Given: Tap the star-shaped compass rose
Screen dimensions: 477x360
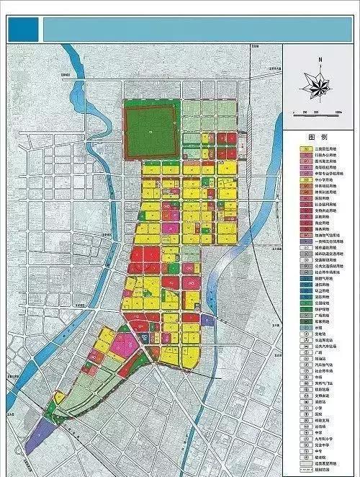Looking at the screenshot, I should click(318, 86).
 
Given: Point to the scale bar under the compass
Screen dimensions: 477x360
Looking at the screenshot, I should click(318, 112).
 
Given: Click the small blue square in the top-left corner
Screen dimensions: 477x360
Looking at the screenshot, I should click(24, 30).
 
